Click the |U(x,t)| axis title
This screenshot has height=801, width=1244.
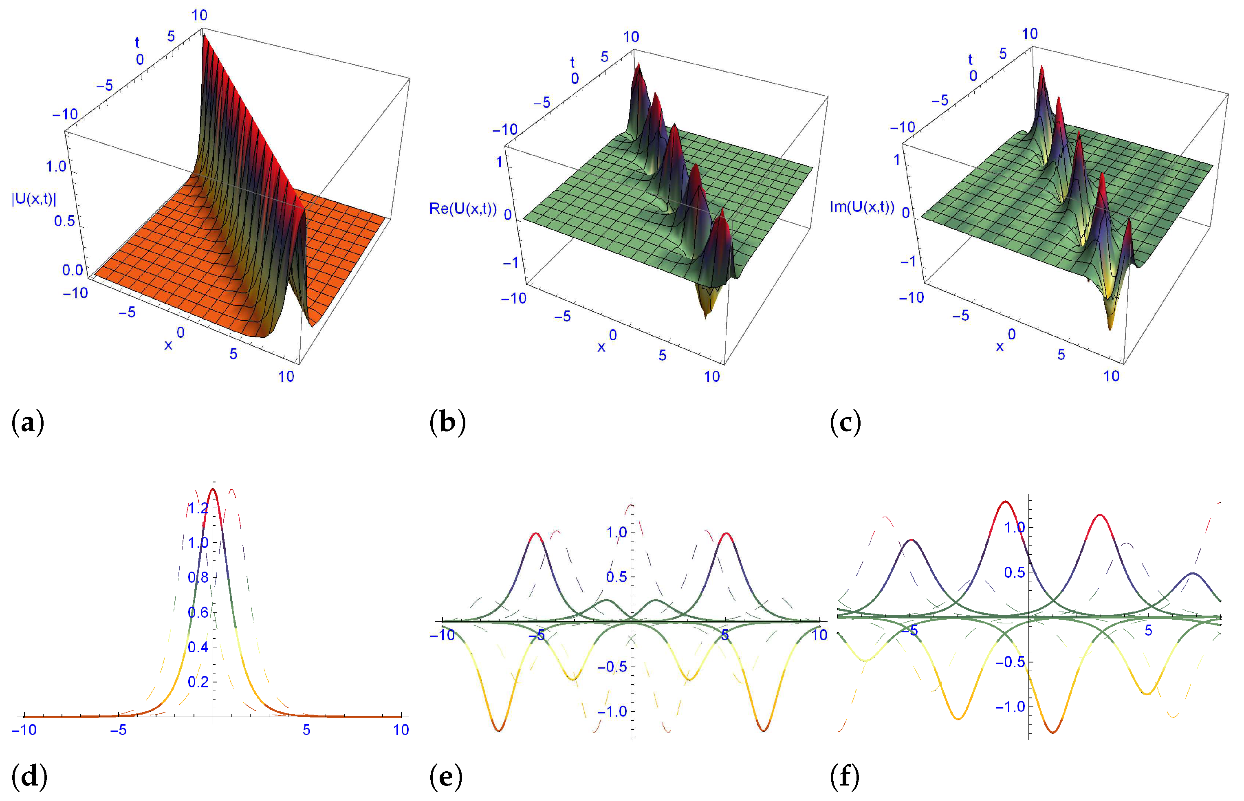click(34, 199)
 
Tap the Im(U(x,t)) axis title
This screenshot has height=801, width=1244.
click(862, 207)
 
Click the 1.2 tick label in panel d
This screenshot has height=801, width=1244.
click(198, 508)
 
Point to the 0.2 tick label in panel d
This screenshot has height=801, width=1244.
click(198, 682)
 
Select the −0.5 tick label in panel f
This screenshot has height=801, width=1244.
click(1010, 662)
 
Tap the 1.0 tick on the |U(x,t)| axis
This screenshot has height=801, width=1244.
click(56, 167)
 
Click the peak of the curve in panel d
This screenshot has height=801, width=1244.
click(212, 489)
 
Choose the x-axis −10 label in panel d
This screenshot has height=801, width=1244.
click(24, 730)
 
